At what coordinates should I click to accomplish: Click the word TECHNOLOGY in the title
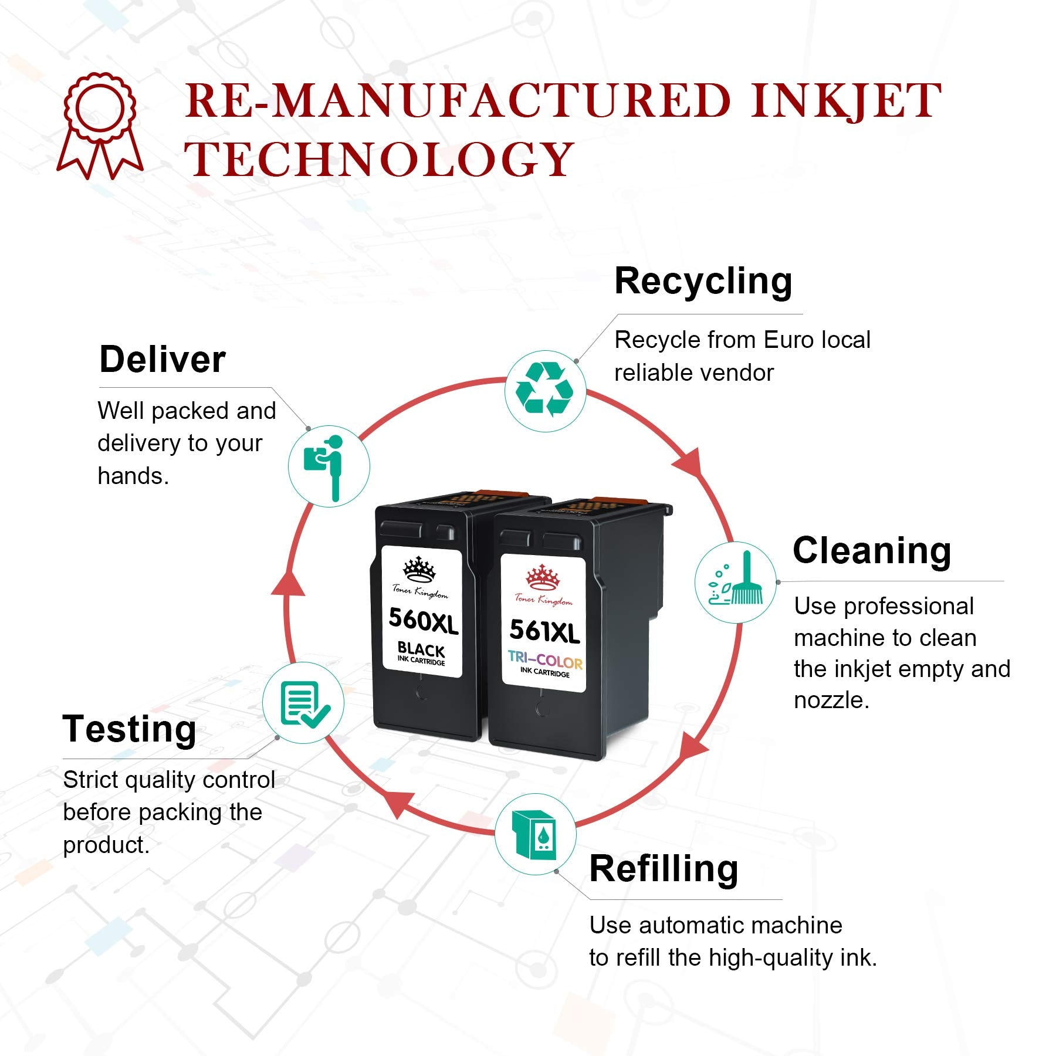click(x=379, y=159)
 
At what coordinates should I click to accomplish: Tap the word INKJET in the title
click(x=845, y=101)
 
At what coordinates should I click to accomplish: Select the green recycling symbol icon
click(x=545, y=390)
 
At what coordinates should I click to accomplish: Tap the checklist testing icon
click(x=303, y=703)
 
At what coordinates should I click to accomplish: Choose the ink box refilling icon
click(x=534, y=835)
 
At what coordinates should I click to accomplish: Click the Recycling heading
click(x=703, y=282)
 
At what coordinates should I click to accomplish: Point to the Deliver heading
click(x=163, y=359)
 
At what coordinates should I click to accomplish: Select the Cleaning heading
click(x=872, y=551)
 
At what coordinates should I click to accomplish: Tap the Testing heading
click(x=129, y=729)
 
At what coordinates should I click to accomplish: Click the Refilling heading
click(x=664, y=869)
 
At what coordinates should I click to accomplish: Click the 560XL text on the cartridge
click(x=423, y=620)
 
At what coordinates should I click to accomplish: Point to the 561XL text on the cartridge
click(x=544, y=631)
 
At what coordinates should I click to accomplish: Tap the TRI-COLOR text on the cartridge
click(x=545, y=660)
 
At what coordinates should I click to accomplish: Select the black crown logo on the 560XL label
click(x=419, y=568)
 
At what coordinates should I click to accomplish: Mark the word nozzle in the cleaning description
click(x=831, y=700)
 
